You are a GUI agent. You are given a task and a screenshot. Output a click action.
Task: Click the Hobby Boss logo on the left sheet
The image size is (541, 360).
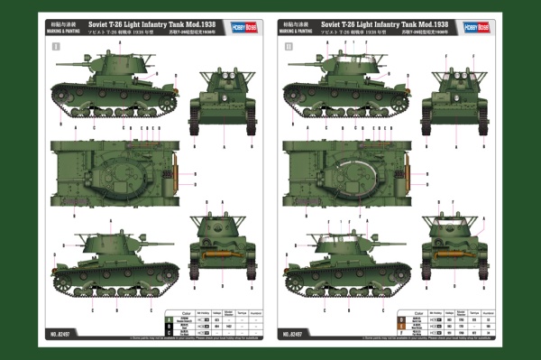[238, 26]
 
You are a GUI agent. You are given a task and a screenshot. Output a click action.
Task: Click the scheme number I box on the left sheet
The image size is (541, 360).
[56, 44]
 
